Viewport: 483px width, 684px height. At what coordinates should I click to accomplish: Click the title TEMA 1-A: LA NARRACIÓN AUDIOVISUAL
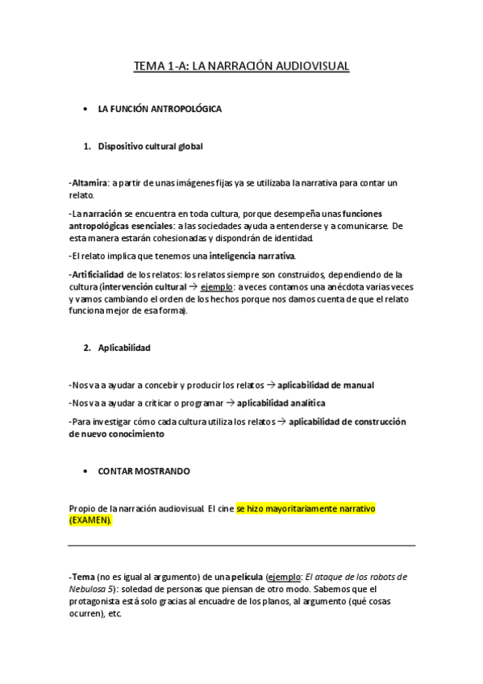tap(241, 67)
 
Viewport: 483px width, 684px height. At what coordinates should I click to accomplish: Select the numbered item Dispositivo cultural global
tap(151, 147)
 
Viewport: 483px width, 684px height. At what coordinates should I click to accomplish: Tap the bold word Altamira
tap(90, 184)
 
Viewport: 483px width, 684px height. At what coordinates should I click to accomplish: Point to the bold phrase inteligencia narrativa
tap(252, 256)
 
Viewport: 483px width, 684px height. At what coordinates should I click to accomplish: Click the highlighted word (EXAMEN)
tap(91, 521)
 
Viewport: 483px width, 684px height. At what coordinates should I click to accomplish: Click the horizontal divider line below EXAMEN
tap(242, 546)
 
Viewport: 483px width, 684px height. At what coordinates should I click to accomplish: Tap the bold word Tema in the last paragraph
tap(83, 577)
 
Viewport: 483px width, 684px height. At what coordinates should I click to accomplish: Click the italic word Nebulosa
tap(90, 589)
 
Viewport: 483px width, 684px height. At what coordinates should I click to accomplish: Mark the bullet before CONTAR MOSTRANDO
tap(85, 469)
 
